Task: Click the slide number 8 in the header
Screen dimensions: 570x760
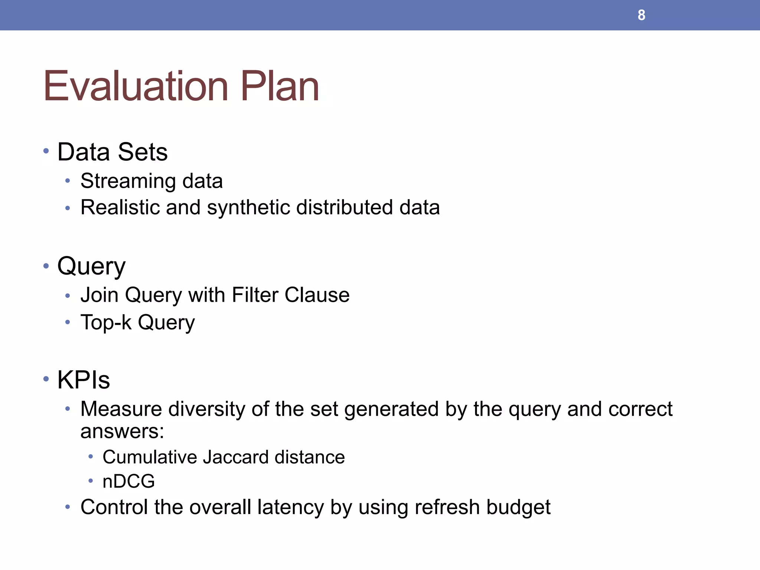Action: pyautogui.click(x=641, y=15)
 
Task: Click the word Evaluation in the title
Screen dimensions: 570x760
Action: pyautogui.click(x=135, y=86)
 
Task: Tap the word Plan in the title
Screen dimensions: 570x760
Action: pyautogui.click(x=280, y=86)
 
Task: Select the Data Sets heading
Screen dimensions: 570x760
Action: pyautogui.click(x=112, y=152)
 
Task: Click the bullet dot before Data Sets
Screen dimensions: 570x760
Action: pyautogui.click(x=46, y=151)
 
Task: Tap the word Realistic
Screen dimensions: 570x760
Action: pyautogui.click(x=120, y=207)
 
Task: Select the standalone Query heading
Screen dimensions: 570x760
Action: pyautogui.click(x=91, y=266)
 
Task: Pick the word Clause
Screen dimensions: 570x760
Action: pyautogui.click(x=317, y=295)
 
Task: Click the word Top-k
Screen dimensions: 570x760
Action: pyautogui.click(x=106, y=322)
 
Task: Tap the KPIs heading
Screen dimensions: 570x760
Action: pyautogui.click(x=83, y=380)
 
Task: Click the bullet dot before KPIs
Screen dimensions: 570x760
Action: pyautogui.click(x=46, y=379)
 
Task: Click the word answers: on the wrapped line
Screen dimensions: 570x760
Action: pyautogui.click(x=122, y=432)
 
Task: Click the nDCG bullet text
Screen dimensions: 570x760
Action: pyautogui.click(x=128, y=481)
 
